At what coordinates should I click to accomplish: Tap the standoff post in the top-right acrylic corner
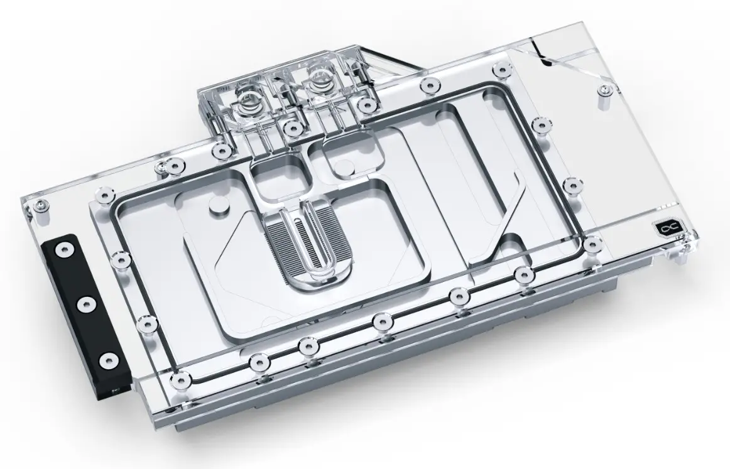(604, 89)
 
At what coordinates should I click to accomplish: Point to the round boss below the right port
(342, 167)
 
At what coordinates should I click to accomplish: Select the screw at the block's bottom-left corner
(182, 377)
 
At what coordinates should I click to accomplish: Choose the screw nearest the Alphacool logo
(591, 242)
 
